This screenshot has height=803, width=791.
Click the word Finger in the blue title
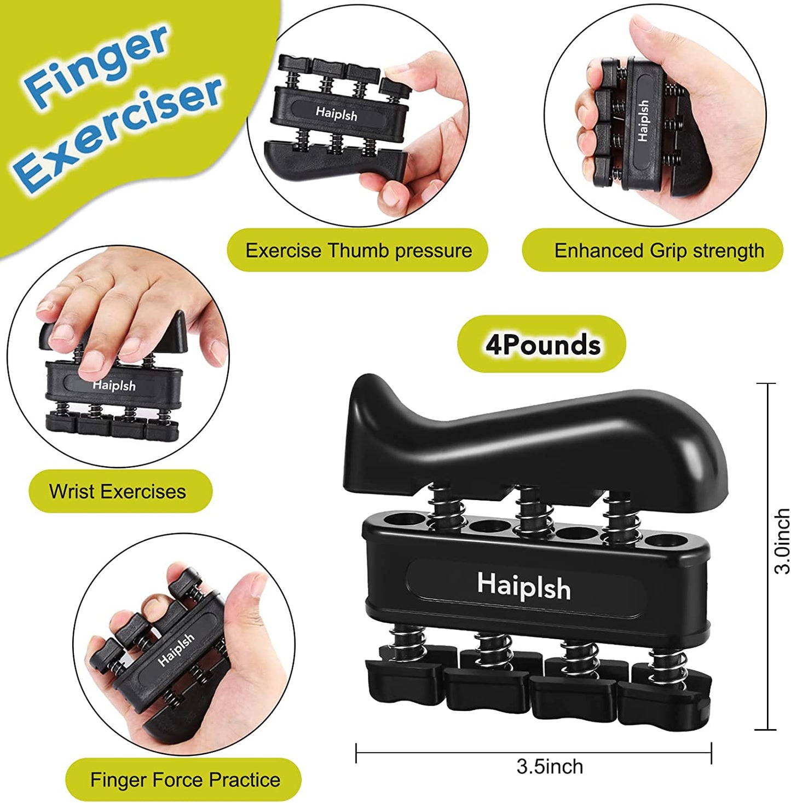point(96,66)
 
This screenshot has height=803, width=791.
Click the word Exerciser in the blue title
point(118,134)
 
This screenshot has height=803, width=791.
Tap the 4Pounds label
point(542,345)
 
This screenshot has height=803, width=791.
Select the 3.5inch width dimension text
point(549,766)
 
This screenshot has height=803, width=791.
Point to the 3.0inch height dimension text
point(782,541)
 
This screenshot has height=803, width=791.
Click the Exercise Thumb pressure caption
point(358,251)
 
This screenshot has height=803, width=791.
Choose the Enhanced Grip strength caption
point(659,251)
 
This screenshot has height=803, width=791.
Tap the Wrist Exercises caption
point(117,491)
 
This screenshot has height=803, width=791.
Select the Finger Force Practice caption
point(185,779)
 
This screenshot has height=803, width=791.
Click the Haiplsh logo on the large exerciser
point(523,586)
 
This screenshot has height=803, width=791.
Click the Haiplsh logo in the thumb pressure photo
point(336,114)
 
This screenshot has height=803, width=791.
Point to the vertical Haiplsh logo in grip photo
point(643,121)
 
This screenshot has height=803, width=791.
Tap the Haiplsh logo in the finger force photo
point(176,650)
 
